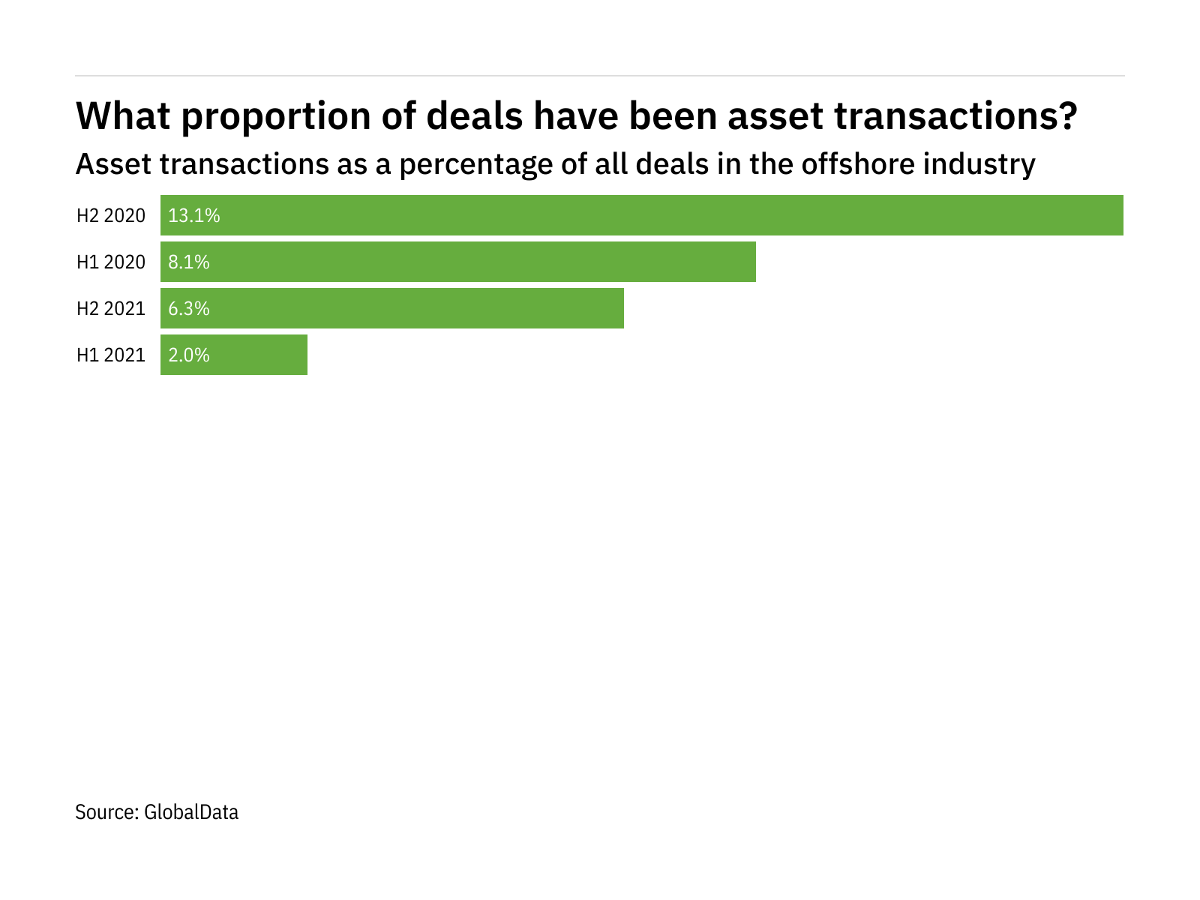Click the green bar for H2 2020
coord(642,215)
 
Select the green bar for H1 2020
coord(458,262)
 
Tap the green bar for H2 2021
coord(392,308)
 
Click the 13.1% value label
coord(194,216)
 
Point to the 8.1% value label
coord(189,262)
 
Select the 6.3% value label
coord(189,309)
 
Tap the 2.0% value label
coord(189,355)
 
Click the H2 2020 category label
coord(111,216)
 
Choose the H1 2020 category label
coord(111,262)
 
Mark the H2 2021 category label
coord(111,309)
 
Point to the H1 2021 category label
coord(111,355)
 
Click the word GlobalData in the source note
coord(191,812)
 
